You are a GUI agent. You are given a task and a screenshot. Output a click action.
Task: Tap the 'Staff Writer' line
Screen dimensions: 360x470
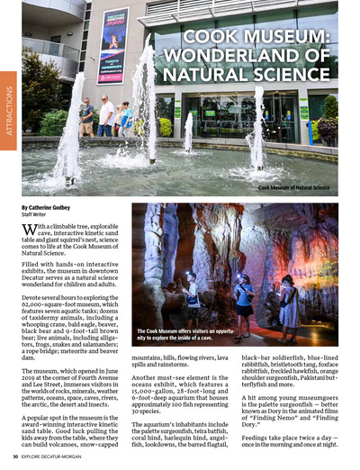[36, 215]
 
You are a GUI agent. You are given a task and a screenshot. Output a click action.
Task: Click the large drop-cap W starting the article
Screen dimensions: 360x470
[30, 233]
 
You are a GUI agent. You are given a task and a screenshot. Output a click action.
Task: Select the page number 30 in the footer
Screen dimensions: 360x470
[16, 456]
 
